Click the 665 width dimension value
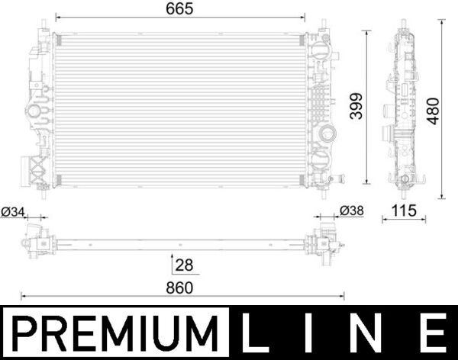click(x=179, y=8)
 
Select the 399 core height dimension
click(x=356, y=106)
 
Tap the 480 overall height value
click(x=433, y=111)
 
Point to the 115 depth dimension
click(x=404, y=211)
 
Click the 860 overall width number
click(x=179, y=288)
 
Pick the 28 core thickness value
click(x=184, y=265)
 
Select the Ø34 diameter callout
click(x=13, y=212)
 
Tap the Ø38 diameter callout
click(x=352, y=211)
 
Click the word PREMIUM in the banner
click(x=115, y=333)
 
